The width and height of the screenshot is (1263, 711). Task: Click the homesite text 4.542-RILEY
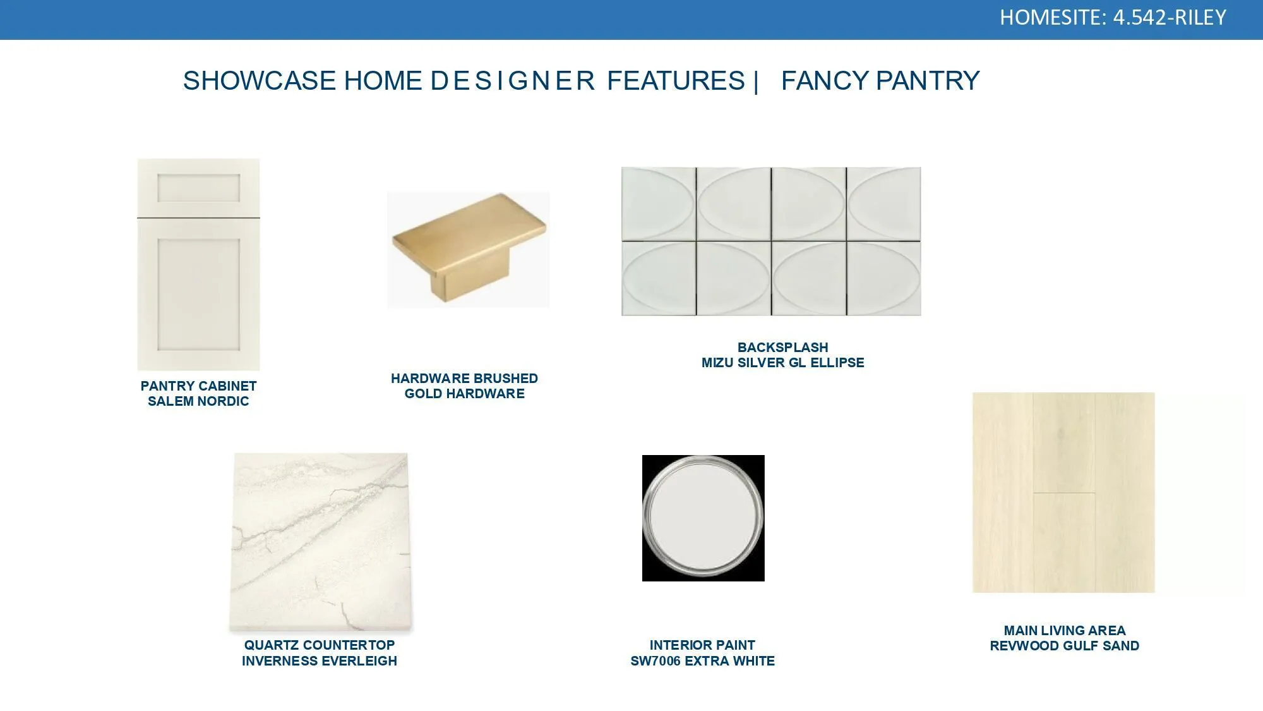pyautogui.click(x=1170, y=17)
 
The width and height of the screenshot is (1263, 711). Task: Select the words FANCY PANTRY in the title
pyautogui.click(x=880, y=81)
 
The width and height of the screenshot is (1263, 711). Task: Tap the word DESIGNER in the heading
pyautogui.click(x=513, y=81)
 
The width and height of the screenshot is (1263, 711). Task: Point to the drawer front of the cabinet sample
pyautogui.click(x=198, y=188)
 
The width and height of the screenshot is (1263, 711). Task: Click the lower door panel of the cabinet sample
pyautogui.click(x=198, y=294)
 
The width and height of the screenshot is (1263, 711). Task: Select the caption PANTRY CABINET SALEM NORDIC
pyautogui.click(x=198, y=394)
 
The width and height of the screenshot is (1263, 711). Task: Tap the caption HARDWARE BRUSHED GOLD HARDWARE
pyautogui.click(x=465, y=386)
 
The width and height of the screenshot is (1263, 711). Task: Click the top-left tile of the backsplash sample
pyautogui.click(x=659, y=204)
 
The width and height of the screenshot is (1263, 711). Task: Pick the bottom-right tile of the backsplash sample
pyautogui.click(x=883, y=278)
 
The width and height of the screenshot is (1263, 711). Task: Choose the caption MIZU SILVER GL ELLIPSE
pyautogui.click(x=783, y=363)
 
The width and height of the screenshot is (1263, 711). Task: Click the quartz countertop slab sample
pyautogui.click(x=321, y=542)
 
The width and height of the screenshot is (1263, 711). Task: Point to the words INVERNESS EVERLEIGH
pyautogui.click(x=320, y=661)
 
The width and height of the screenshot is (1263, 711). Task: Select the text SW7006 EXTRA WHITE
pyautogui.click(x=703, y=661)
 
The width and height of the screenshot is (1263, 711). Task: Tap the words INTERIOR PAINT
pyautogui.click(x=703, y=645)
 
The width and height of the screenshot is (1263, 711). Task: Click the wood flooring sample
pyautogui.click(x=1063, y=492)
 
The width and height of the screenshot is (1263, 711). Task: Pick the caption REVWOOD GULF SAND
pyautogui.click(x=1065, y=646)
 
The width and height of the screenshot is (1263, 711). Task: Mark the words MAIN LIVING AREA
pyautogui.click(x=1065, y=631)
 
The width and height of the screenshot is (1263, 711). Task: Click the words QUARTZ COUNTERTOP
pyautogui.click(x=320, y=645)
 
